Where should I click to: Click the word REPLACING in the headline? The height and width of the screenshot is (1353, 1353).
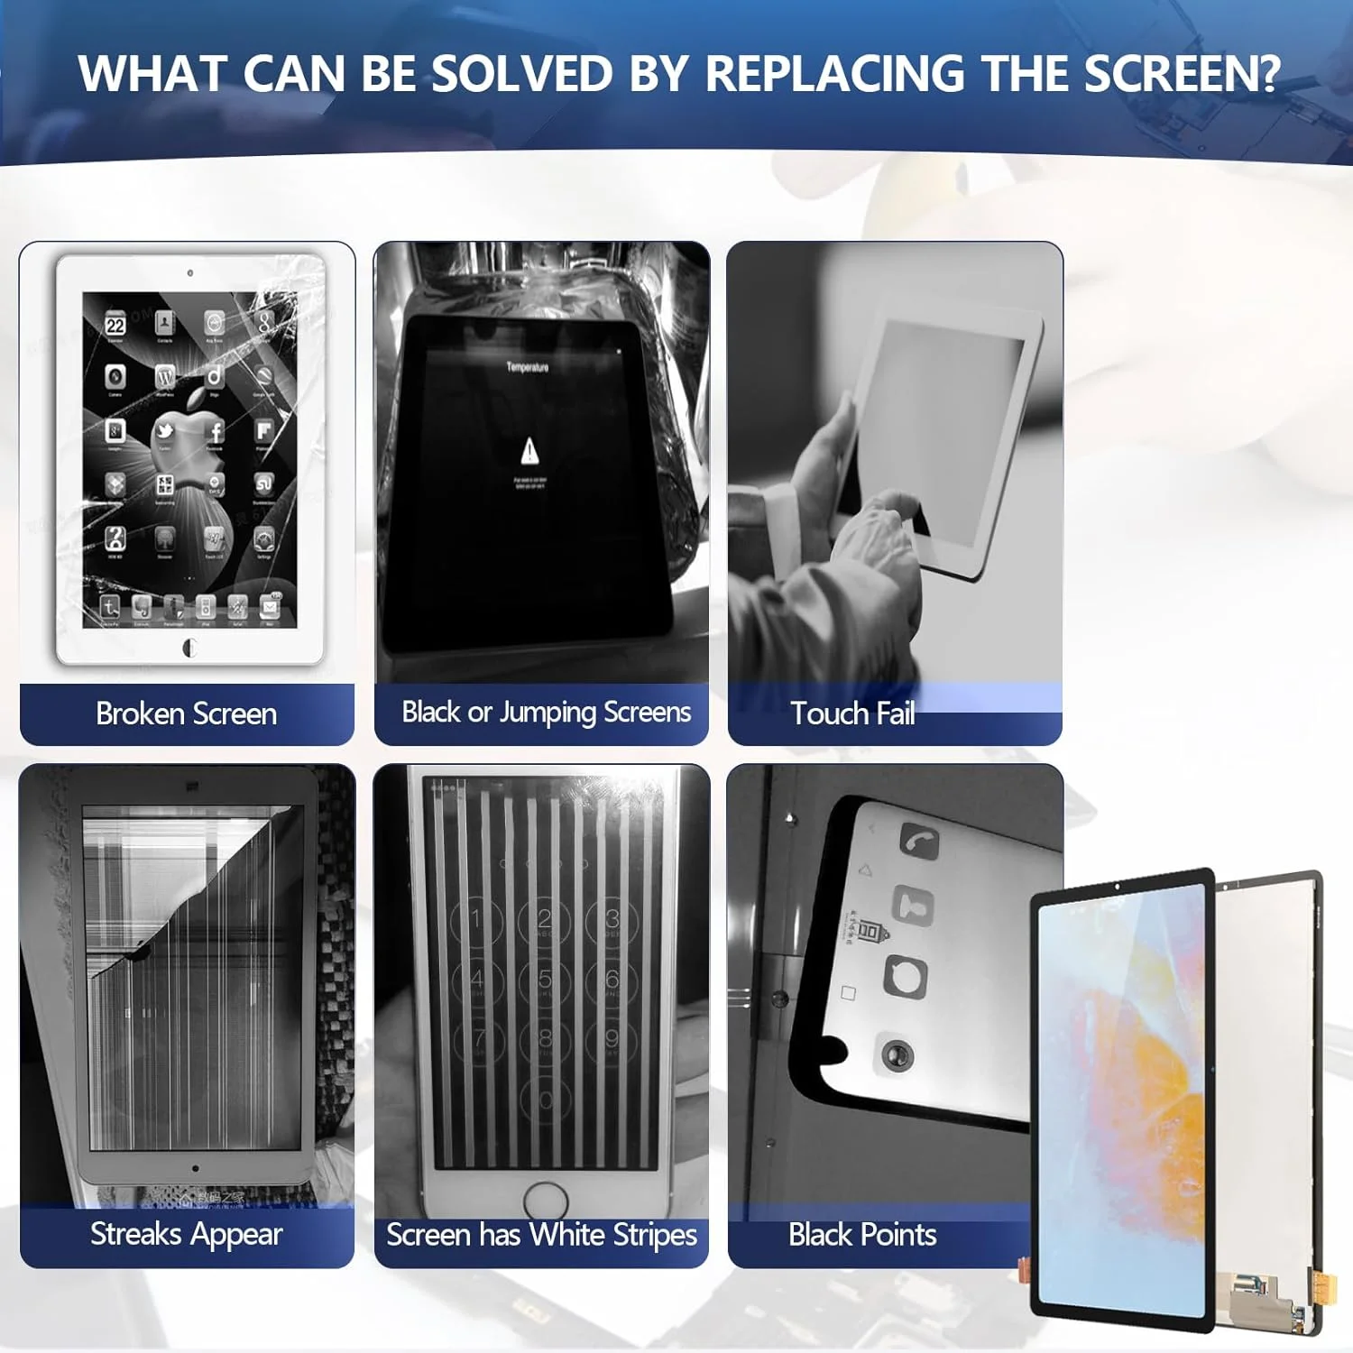(x=833, y=74)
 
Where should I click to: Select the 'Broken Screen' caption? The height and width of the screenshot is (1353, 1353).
(x=186, y=713)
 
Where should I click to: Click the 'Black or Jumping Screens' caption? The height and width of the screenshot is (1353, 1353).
(x=546, y=712)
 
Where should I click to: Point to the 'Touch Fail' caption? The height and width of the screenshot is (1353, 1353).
(x=852, y=713)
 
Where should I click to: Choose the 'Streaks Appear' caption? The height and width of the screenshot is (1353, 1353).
(x=186, y=1233)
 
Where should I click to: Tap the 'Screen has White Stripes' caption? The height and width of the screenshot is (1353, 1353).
(x=541, y=1234)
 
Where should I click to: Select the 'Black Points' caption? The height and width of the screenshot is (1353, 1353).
(x=862, y=1234)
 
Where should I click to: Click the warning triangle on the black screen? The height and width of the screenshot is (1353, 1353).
(x=529, y=449)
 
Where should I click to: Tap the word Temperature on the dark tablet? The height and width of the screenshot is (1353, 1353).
(x=528, y=367)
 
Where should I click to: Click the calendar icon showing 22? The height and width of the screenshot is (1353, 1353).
(x=115, y=325)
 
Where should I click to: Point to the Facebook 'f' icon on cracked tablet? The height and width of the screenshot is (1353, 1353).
(x=215, y=431)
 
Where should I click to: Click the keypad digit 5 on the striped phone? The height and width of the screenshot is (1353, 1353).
(x=545, y=980)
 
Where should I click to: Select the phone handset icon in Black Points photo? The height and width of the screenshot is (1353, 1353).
(x=919, y=842)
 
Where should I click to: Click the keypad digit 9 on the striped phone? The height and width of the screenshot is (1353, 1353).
(x=612, y=1038)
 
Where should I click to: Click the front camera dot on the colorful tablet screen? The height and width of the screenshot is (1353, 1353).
(x=1117, y=887)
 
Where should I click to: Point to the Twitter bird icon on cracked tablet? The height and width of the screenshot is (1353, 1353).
(x=165, y=431)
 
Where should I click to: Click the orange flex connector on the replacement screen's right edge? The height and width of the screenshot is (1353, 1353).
(x=1324, y=1286)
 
